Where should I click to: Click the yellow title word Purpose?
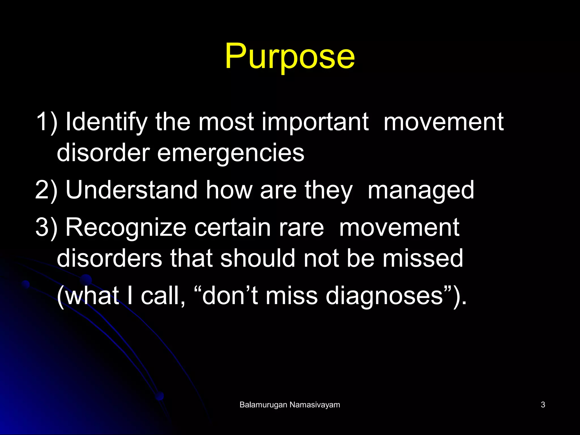click(290, 57)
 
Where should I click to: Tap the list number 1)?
click(46, 122)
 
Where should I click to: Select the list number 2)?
click(46, 190)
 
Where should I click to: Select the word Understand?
click(131, 190)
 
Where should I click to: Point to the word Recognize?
click(126, 228)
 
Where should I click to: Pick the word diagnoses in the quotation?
click(384, 296)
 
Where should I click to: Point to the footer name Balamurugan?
click(263, 405)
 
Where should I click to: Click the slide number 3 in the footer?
click(543, 405)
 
